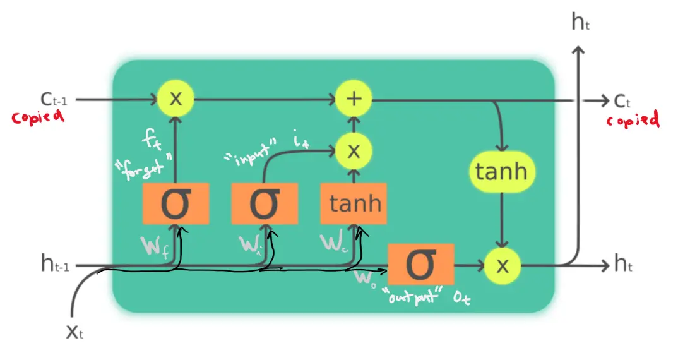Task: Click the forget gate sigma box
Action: click(x=175, y=203)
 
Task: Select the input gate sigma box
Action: click(x=265, y=203)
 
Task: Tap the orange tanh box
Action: click(x=354, y=203)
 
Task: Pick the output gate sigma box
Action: click(x=420, y=264)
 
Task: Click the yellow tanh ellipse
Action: click(x=501, y=172)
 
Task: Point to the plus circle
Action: click(x=354, y=99)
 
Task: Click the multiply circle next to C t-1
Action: click(x=175, y=99)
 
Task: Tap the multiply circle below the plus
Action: click(x=354, y=150)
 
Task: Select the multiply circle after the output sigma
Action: click(x=502, y=265)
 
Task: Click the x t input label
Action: click(x=74, y=332)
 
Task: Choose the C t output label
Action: click(x=622, y=100)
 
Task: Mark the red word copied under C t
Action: click(x=633, y=119)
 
